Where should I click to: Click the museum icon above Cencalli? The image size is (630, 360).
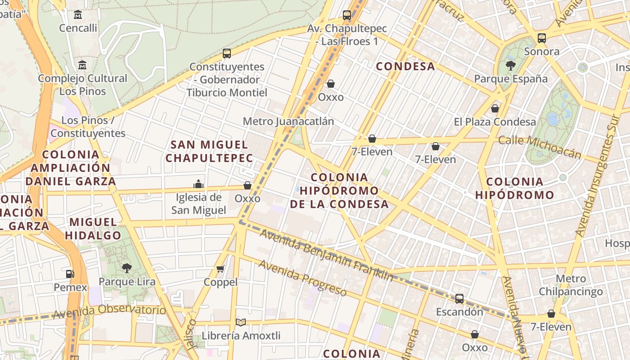click(x=78, y=15)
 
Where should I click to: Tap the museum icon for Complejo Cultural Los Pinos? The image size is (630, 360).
click(x=82, y=65)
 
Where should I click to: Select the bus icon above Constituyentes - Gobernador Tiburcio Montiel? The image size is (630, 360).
click(x=227, y=54)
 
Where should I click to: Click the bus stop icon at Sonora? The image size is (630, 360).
click(x=542, y=38)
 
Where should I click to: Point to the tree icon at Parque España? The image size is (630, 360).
click(x=510, y=66)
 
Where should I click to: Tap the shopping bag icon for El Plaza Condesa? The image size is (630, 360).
click(x=495, y=108)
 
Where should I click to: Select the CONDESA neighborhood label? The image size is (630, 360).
click(x=405, y=67)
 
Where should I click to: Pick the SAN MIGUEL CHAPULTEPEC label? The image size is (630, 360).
click(x=210, y=151)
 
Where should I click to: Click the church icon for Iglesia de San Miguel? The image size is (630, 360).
click(x=198, y=184)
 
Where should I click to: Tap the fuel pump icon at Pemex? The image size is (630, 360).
click(x=70, y=274)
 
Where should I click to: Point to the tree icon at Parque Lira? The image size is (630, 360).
click(x=127, y=268)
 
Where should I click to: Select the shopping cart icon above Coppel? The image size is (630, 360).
click(x=220, y=269)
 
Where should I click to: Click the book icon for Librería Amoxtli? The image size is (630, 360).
click(x=241, y=322)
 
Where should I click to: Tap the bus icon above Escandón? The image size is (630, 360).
click(x=459, y=298)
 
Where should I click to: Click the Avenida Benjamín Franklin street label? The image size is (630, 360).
click(x=326, y=255)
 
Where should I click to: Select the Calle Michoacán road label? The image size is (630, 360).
click(x=540, y=147)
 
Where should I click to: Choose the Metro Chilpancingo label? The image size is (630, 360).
click(x=571, y=285)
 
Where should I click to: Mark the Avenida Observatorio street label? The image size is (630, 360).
click(x=109, y=311)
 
